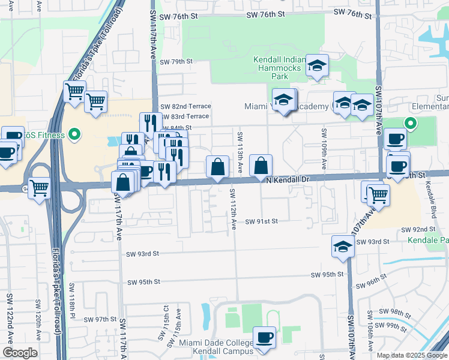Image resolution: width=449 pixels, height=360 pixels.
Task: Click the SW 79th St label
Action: [x=176, y=61]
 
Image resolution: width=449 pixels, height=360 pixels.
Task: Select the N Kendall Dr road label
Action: [x=287, y=179]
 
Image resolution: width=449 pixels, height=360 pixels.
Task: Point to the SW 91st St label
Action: [x=261, y=221]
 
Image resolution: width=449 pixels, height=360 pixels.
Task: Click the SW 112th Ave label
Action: [x=233, y=208]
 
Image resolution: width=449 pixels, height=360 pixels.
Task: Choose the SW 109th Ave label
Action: [x=324, y=147]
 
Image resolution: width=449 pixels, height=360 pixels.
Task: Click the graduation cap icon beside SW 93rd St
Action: [x=343, y=246]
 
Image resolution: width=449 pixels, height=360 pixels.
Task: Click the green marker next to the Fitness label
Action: [x=74, y=134]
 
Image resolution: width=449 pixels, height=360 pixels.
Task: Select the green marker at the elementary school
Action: [x=411, y=124]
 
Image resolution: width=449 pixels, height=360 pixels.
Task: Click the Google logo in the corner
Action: [x=20, y=353]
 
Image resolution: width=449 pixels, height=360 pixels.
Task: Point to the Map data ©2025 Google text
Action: [x=412, y=355]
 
